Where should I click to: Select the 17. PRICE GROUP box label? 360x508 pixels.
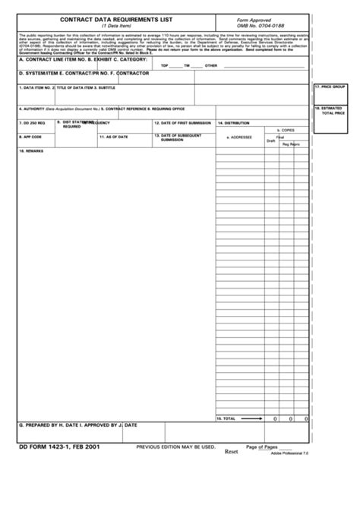click(x=330, y=88)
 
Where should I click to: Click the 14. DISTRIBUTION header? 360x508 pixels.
click(x=234, y=122)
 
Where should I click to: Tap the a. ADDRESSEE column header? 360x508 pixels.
click(x=239, y=137)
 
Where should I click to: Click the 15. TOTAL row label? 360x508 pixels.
click(x=226, y=418)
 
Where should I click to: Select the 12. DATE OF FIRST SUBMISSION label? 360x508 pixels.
click(x=183, y=122)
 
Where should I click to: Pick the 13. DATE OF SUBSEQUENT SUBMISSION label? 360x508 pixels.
click(x=183, y=137)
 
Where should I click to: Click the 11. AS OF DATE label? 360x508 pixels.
click(x=113, y=137)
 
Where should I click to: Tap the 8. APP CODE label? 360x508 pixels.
click(x=30, y=137)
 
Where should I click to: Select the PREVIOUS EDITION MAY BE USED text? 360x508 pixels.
click(x=175, y=448)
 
